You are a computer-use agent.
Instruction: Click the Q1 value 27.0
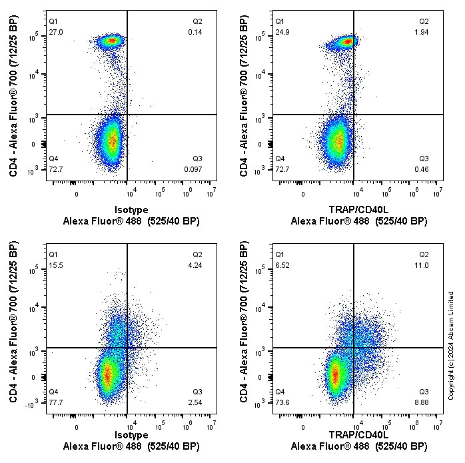point(56,32)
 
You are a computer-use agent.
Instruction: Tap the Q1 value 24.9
point(282,32)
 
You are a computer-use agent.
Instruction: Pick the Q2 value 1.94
point(422,32)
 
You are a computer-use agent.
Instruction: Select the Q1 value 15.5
point(56,265)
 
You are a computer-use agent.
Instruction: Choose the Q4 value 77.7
point(56,402)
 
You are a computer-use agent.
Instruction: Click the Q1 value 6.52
point(282,265)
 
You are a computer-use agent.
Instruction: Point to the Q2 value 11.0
point(423,265)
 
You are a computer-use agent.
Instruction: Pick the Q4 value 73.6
point(282,402)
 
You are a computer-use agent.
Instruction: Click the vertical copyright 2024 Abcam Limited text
point(451,345)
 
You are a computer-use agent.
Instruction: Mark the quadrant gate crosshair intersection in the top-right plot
point(354,115)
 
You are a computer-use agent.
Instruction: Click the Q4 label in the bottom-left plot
point(54,392)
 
